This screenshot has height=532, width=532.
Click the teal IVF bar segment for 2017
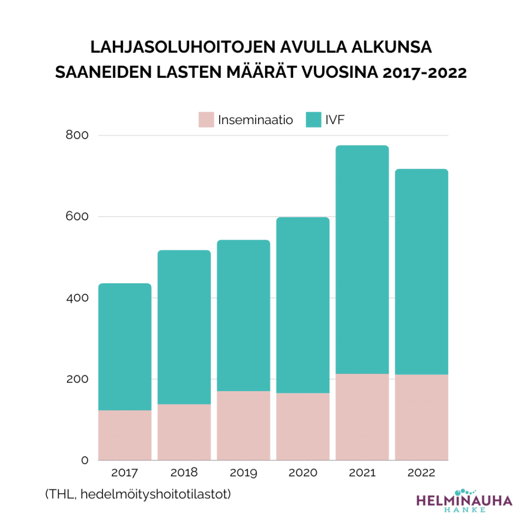[125, 347]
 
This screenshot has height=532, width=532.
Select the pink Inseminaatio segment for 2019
[243, 425]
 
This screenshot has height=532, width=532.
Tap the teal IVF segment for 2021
[362, 259]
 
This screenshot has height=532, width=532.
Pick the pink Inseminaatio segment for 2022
[421, 417]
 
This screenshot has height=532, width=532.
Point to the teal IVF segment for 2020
[303, 305]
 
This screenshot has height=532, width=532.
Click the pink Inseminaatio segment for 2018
[184, 432]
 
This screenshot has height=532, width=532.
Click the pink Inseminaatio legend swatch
[206, 120]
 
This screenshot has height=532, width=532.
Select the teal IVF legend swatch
[312, 120]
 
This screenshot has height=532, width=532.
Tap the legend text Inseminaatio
[255, 120]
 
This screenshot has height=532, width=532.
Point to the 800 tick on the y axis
[77, 135]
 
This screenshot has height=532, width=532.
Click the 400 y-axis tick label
[77, 298]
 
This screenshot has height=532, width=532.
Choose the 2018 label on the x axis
[184, 473]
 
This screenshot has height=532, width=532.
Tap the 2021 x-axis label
[362, 473]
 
